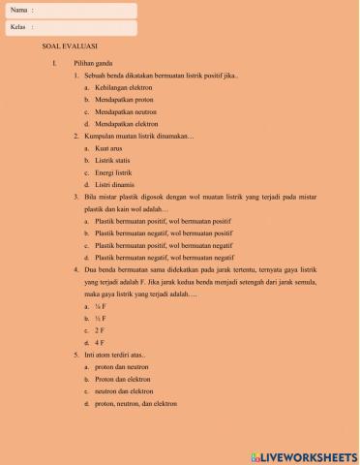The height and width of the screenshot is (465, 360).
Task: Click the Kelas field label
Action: point(18,27)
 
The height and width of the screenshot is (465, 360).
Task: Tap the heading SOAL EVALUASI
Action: point(70,46)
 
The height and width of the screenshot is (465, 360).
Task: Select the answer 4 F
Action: point(100,342)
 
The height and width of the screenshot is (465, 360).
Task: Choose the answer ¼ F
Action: point(101,305)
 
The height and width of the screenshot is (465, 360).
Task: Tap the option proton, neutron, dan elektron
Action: point(136,403)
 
